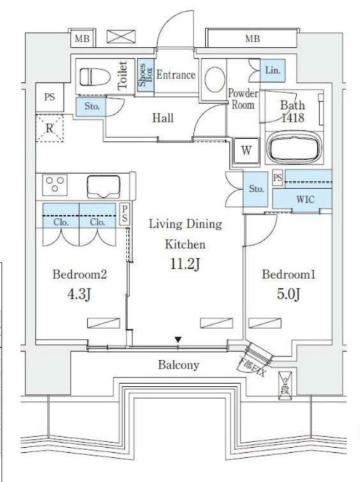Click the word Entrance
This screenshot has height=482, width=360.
175,75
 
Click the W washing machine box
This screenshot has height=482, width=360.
246,151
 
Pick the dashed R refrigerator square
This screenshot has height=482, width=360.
51,129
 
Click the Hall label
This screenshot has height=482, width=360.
162,118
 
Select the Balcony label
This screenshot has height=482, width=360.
178,365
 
